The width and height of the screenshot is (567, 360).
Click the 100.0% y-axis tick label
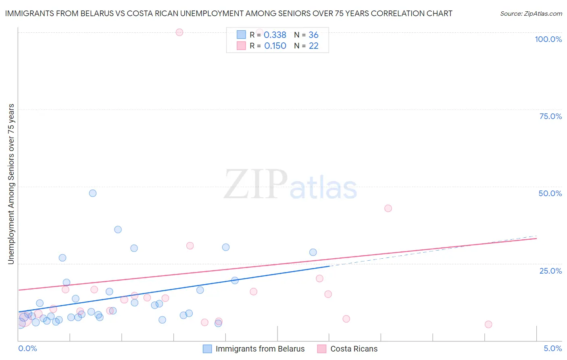[x=548, y=39]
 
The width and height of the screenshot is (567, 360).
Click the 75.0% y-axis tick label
[x=550, y=116]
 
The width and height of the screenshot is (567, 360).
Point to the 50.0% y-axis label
[x=550, y=193]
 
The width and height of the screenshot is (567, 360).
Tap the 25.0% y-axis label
[x=550, y=270]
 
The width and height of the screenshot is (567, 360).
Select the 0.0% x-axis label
[x=27, y=348]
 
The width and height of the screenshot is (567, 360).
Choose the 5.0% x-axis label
[x=552, y=348]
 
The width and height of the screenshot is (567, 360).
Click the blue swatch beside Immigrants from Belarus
[x=207, y=349]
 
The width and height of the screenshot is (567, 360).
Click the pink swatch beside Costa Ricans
[x=322, y=349]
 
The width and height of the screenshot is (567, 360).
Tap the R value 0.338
[x=275, y=35]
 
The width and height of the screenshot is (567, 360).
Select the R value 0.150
[x=275, y=46]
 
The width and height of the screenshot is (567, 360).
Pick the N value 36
[x=313, y=35]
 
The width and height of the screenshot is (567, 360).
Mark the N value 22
[x=313, y=46]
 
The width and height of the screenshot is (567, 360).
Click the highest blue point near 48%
[x=93, y=193]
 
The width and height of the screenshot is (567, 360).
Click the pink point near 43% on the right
[x=388, y=208]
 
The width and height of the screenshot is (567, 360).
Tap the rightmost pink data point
[x=488, y=324]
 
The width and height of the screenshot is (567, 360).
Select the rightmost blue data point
[x=313, y=252]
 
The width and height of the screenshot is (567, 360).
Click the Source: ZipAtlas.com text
[x=531, y=14]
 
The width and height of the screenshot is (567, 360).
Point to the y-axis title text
[x=11, y=184]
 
